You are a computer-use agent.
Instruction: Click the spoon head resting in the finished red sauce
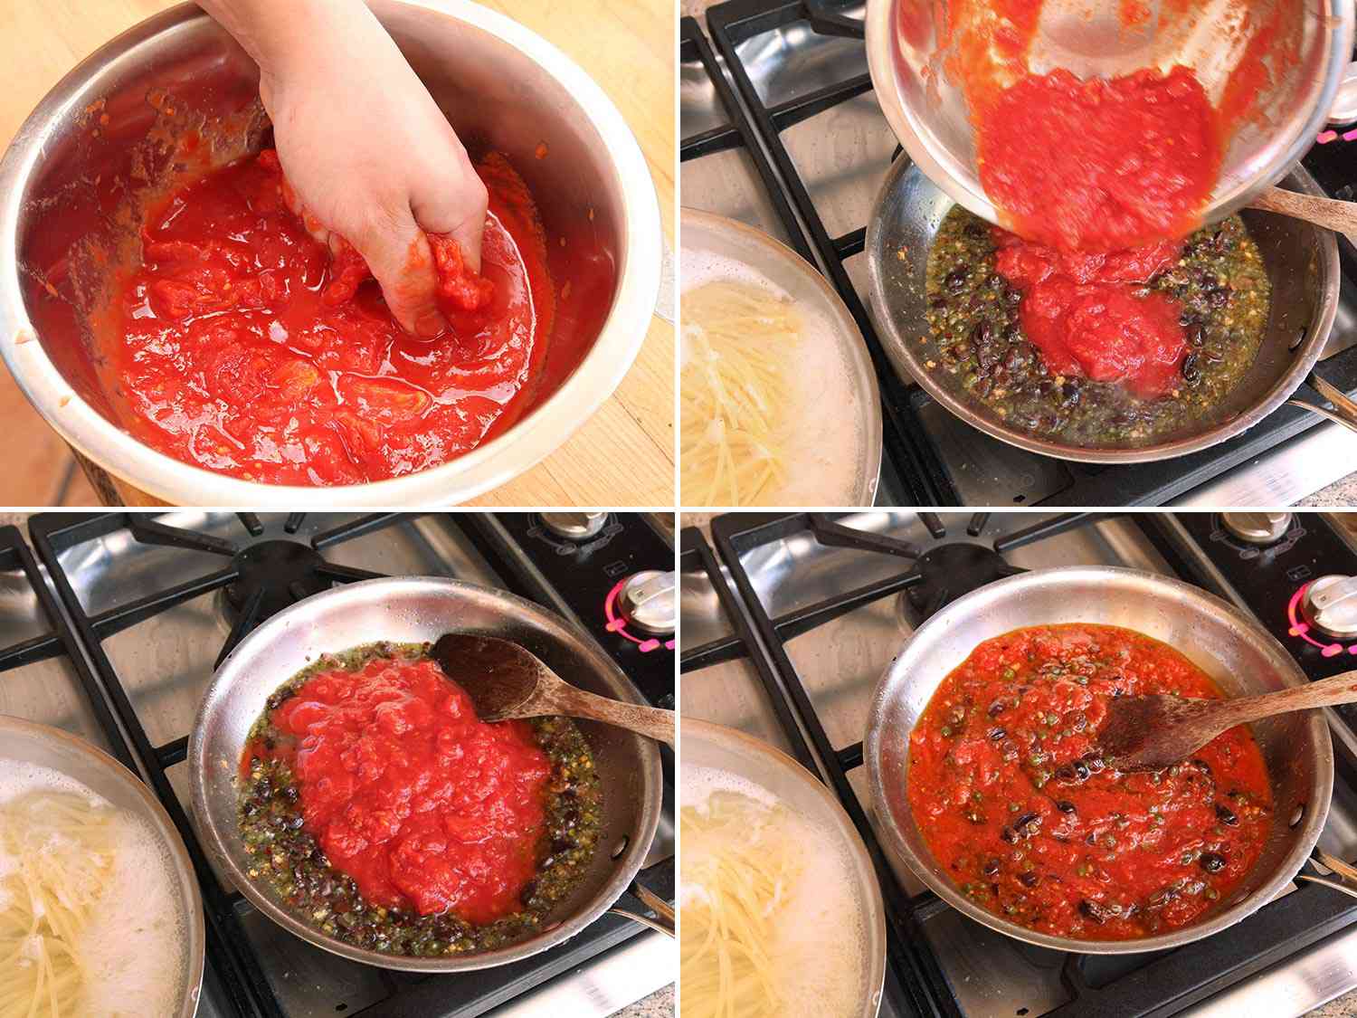tap(1144, 733)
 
